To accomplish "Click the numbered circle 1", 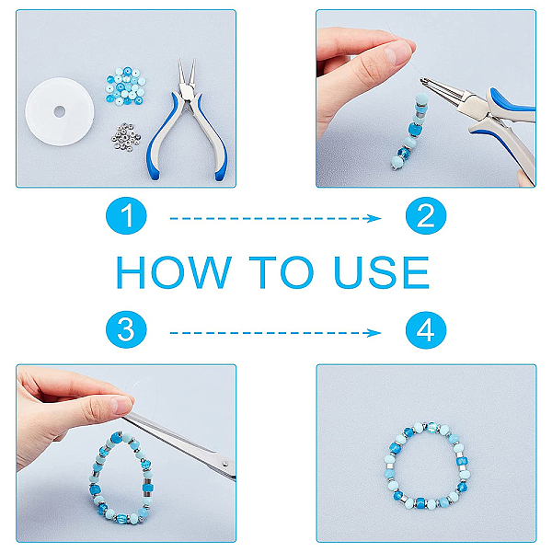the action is [x=126, y=216].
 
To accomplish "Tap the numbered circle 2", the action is [x=426, y=216].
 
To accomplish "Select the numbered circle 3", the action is [x=126, y=330].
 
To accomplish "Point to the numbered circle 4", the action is [x=426, y=330].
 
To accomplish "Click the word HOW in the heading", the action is [x=174, y=272].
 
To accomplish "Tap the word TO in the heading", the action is [x=282, y=272].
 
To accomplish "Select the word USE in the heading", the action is [x=382, y=272].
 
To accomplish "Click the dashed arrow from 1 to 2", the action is [x=275, y=219].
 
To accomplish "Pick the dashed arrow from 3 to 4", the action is [x=275, y=333].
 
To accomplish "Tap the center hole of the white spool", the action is [x=60, y=111].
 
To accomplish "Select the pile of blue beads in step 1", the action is [x=126, y=86].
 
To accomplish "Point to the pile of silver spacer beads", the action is [x=126, y=137].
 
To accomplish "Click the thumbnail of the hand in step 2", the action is [x=397, y=52].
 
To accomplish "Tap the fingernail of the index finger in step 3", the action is [x=121, y=405].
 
